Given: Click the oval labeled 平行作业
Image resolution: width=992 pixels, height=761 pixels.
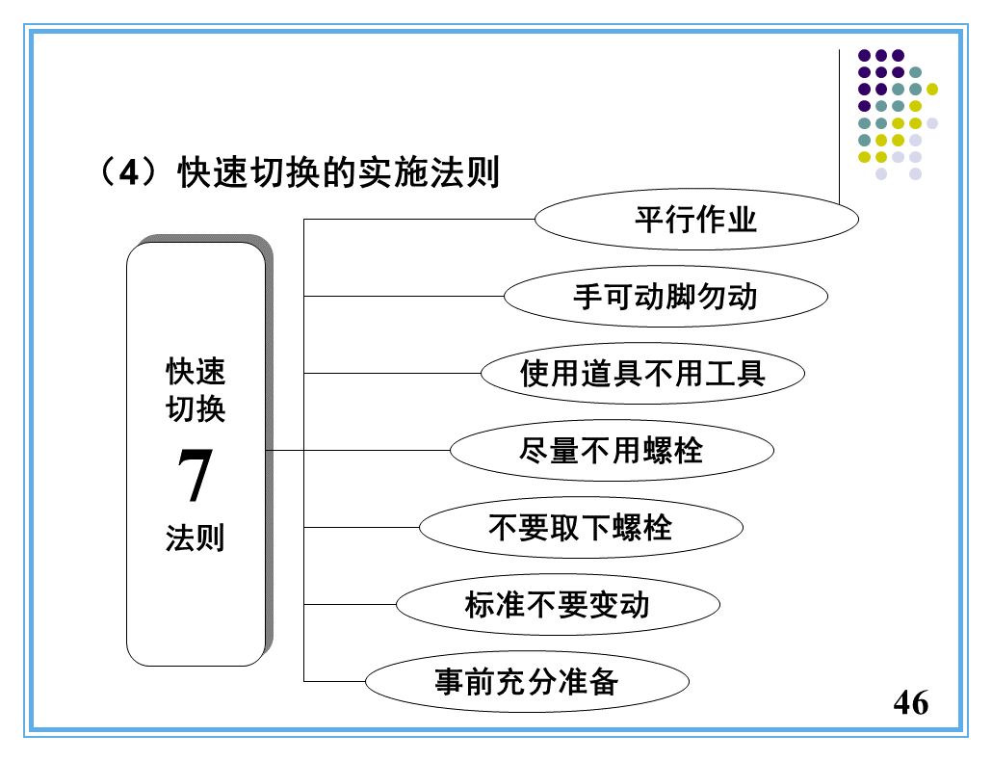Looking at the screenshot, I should [695, 221].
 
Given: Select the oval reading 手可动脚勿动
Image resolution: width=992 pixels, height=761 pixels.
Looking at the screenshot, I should [665, 296].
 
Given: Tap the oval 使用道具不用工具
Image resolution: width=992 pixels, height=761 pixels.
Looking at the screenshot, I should [641, 373].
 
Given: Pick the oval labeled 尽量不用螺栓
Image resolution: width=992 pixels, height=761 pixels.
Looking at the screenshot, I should [612, 450].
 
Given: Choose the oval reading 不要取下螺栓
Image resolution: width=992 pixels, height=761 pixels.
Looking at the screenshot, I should [580, 527].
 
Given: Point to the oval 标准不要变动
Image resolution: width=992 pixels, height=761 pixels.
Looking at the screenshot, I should [558, 605].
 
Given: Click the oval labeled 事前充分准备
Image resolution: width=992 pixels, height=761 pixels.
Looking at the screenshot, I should [527, 682].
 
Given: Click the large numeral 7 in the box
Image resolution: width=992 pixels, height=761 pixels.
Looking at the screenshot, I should [195, 477].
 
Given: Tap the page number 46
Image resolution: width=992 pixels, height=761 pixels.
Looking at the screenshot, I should [911, 703].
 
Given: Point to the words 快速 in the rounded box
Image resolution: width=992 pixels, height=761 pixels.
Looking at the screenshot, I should [196, 371].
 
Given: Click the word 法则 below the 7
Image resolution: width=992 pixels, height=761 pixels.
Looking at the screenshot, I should [196, 538].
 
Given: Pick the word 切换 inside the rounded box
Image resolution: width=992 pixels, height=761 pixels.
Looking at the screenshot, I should [196, 409].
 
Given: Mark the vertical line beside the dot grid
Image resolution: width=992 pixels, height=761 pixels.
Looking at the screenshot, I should [840, 125].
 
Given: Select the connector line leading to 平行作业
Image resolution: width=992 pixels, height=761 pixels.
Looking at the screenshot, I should [419, 220].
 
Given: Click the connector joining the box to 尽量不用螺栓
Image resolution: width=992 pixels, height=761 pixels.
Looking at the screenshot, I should [356, 450].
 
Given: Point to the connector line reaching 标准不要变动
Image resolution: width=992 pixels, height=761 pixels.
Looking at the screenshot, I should [350, 605].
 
